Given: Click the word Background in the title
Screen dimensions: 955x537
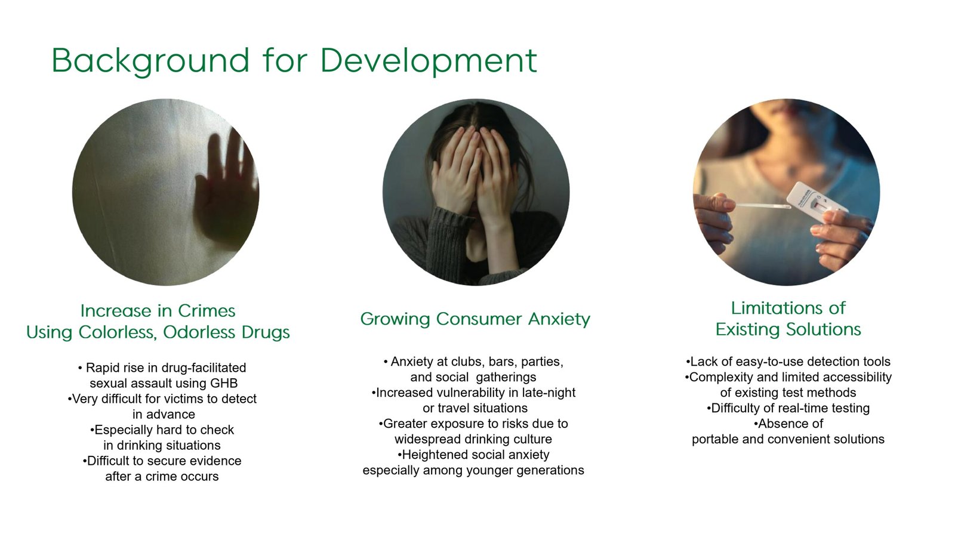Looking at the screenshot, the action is point(150,61).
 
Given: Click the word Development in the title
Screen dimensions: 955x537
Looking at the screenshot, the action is point(429,61).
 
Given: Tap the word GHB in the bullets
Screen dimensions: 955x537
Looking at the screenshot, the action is point(224,383).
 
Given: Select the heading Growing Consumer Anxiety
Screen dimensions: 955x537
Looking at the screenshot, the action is point(475,319).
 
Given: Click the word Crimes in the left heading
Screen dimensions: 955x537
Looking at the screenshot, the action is point(207,311).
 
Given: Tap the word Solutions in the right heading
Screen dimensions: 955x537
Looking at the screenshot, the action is point(823,329).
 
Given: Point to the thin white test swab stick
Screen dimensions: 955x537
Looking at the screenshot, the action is point(763,206).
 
